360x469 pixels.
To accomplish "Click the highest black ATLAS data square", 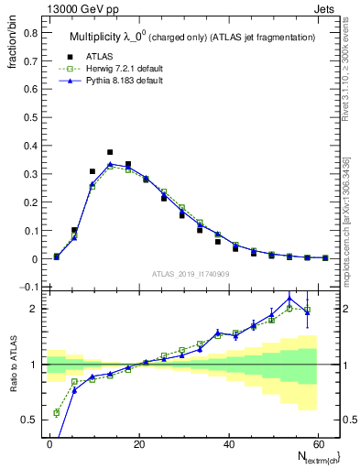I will click(x=110, y=152).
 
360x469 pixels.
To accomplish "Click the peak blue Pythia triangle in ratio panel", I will click(x=289, y=298).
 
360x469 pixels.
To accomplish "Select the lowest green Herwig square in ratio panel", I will click(x=57, y=412).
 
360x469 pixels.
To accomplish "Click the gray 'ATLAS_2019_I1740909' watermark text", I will click(x=190, y=274).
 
